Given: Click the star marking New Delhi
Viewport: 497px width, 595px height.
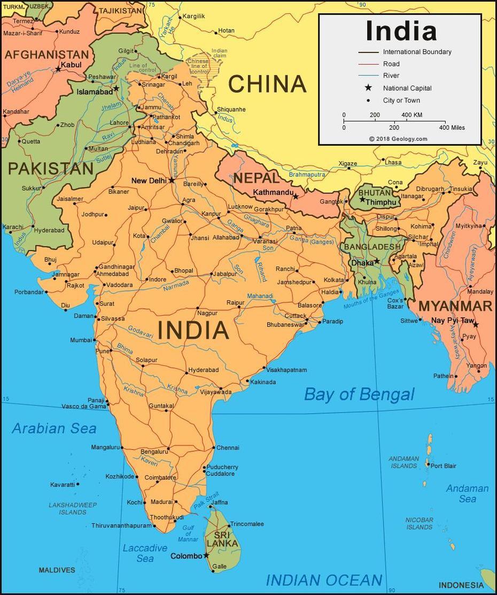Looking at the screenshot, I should click(x=172, y=181).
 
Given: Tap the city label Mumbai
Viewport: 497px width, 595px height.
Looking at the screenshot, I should click(x=81, y=340).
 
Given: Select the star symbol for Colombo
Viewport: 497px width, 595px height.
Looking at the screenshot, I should click(x=206, y=555).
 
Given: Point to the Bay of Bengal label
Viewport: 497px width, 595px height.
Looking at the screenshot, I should click(x=359, y=395).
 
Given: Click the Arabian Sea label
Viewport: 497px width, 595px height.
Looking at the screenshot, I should click(x=54, y=428).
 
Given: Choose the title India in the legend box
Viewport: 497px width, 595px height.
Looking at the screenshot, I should click(x=401, y=31).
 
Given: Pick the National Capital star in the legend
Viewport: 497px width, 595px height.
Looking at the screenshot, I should click(x=368, y=88).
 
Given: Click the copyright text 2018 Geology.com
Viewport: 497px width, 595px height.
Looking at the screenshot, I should click(x=398, y=139).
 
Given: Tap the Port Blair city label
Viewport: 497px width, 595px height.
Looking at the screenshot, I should click(x=444, y=466).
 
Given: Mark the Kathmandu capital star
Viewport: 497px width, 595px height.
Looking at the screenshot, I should click(x=296, y=197).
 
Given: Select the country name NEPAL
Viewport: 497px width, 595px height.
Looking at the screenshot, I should click(x=256, y=178).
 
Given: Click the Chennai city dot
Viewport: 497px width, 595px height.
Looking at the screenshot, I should click(x=214, y=448).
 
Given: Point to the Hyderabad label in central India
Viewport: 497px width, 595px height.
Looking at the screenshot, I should click(x=204, y=370).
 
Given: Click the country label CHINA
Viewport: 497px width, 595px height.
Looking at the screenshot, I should click(x=267, y=84).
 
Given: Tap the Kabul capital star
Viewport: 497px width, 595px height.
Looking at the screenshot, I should click(x=58, y=69).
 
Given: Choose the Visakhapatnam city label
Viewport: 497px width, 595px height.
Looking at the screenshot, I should click(x=287, y=370).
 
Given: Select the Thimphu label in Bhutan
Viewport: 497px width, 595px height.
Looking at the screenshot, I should click(x=382, y=202).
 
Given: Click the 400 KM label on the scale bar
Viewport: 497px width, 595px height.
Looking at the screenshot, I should click(x=411, y=115).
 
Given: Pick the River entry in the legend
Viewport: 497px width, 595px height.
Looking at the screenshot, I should click(x=391, y=76).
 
